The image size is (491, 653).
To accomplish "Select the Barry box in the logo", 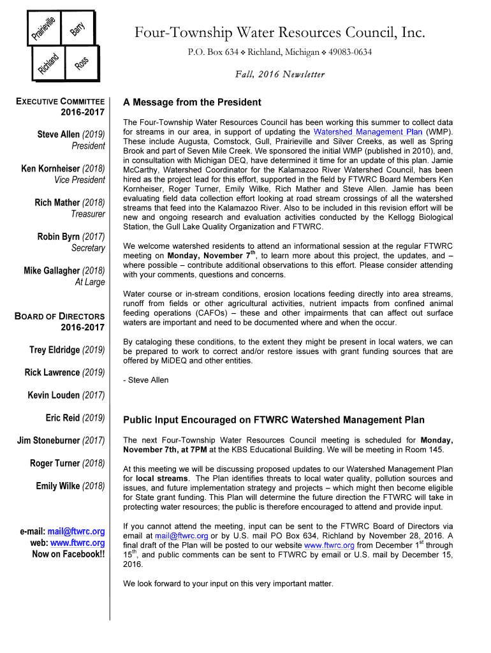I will click(x=78, y=28).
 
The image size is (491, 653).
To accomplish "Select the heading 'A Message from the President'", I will click(x=192, y=102).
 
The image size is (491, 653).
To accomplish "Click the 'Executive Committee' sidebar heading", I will click(x=61, y=101).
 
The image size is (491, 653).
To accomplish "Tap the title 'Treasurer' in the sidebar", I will click(x=88, y=214).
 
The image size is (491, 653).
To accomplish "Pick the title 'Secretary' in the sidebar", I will click(x=88, y=248).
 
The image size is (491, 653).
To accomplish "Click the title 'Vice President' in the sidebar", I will click(x=80, y=180).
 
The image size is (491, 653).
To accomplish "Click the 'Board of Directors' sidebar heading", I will click(x=59, y=316).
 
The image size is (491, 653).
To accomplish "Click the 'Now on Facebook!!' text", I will click(x=68, y=554).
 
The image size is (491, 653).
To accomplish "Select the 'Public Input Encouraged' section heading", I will click(x=273, y=420).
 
